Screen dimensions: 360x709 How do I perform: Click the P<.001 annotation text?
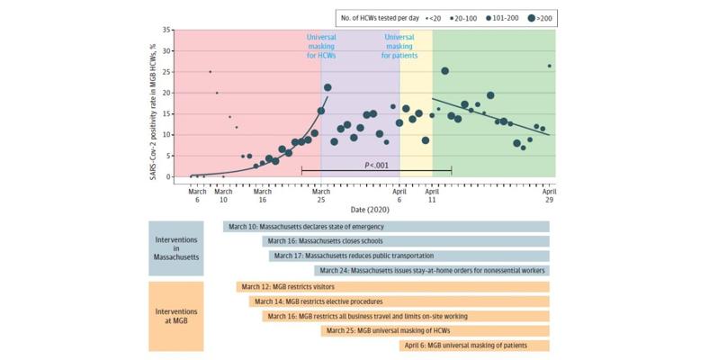(x=376, y=165)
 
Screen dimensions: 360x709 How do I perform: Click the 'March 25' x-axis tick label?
(x=321, y=196)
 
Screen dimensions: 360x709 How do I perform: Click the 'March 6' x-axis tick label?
(x=197, y=196)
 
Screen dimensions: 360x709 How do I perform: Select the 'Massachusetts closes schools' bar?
(x=405, y=241)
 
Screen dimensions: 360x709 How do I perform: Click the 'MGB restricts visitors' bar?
(x=393, y=287)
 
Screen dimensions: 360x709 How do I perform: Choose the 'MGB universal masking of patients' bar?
(x=474, y=345)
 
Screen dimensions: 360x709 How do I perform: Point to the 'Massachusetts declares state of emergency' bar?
(x=386, y=226)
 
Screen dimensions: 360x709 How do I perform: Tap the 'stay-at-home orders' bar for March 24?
(x=432, y=270)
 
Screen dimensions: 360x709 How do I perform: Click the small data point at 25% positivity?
(x=210, y=72)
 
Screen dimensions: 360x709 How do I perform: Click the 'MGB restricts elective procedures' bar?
(x=399, y=301)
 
